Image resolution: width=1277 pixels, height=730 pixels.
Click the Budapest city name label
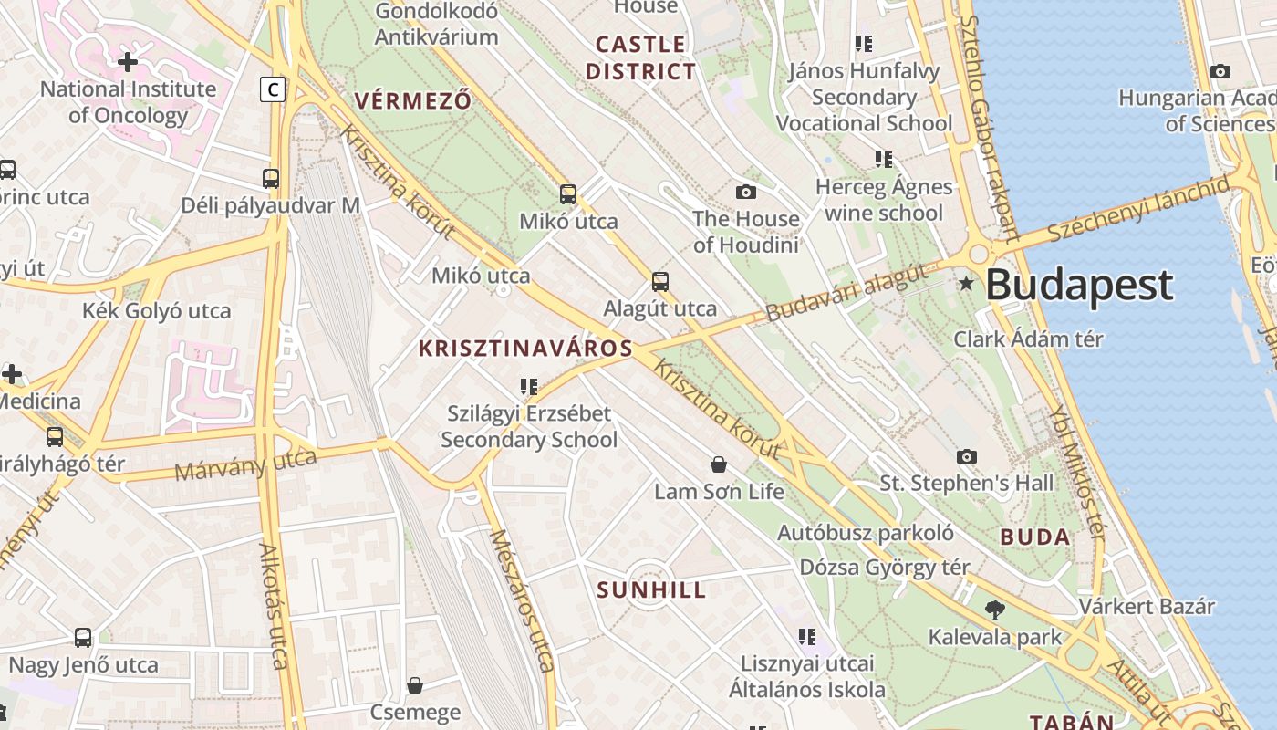[1079, 286]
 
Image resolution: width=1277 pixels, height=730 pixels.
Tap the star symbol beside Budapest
[967, 285]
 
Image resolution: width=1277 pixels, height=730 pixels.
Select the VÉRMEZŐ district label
[413, 100]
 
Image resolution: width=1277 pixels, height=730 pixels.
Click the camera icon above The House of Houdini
[746, 192]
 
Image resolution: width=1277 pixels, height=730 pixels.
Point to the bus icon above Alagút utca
[660, 282]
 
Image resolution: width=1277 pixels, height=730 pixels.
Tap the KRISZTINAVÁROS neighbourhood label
[525, 348]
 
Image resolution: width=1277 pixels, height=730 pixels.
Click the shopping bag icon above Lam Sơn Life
[719, 465]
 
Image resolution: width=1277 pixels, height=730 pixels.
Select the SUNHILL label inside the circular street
[651, 590]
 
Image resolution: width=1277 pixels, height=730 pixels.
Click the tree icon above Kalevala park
[994, 610]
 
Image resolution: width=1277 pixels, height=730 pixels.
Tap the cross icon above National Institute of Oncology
[128, 62]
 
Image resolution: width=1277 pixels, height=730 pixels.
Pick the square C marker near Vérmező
[272, 89]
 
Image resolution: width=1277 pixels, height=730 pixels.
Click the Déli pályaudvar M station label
[271, 205]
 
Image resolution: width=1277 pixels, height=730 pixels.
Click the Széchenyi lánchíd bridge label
[1138, 210]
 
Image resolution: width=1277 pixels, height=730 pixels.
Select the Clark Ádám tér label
[1028, 339]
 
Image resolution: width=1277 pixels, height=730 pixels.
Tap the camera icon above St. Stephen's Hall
[967, 456]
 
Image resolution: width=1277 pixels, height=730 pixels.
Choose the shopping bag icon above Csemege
[415, 684]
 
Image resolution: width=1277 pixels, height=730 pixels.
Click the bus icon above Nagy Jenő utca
[83, 637]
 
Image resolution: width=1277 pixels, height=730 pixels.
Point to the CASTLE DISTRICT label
[640, 57]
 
